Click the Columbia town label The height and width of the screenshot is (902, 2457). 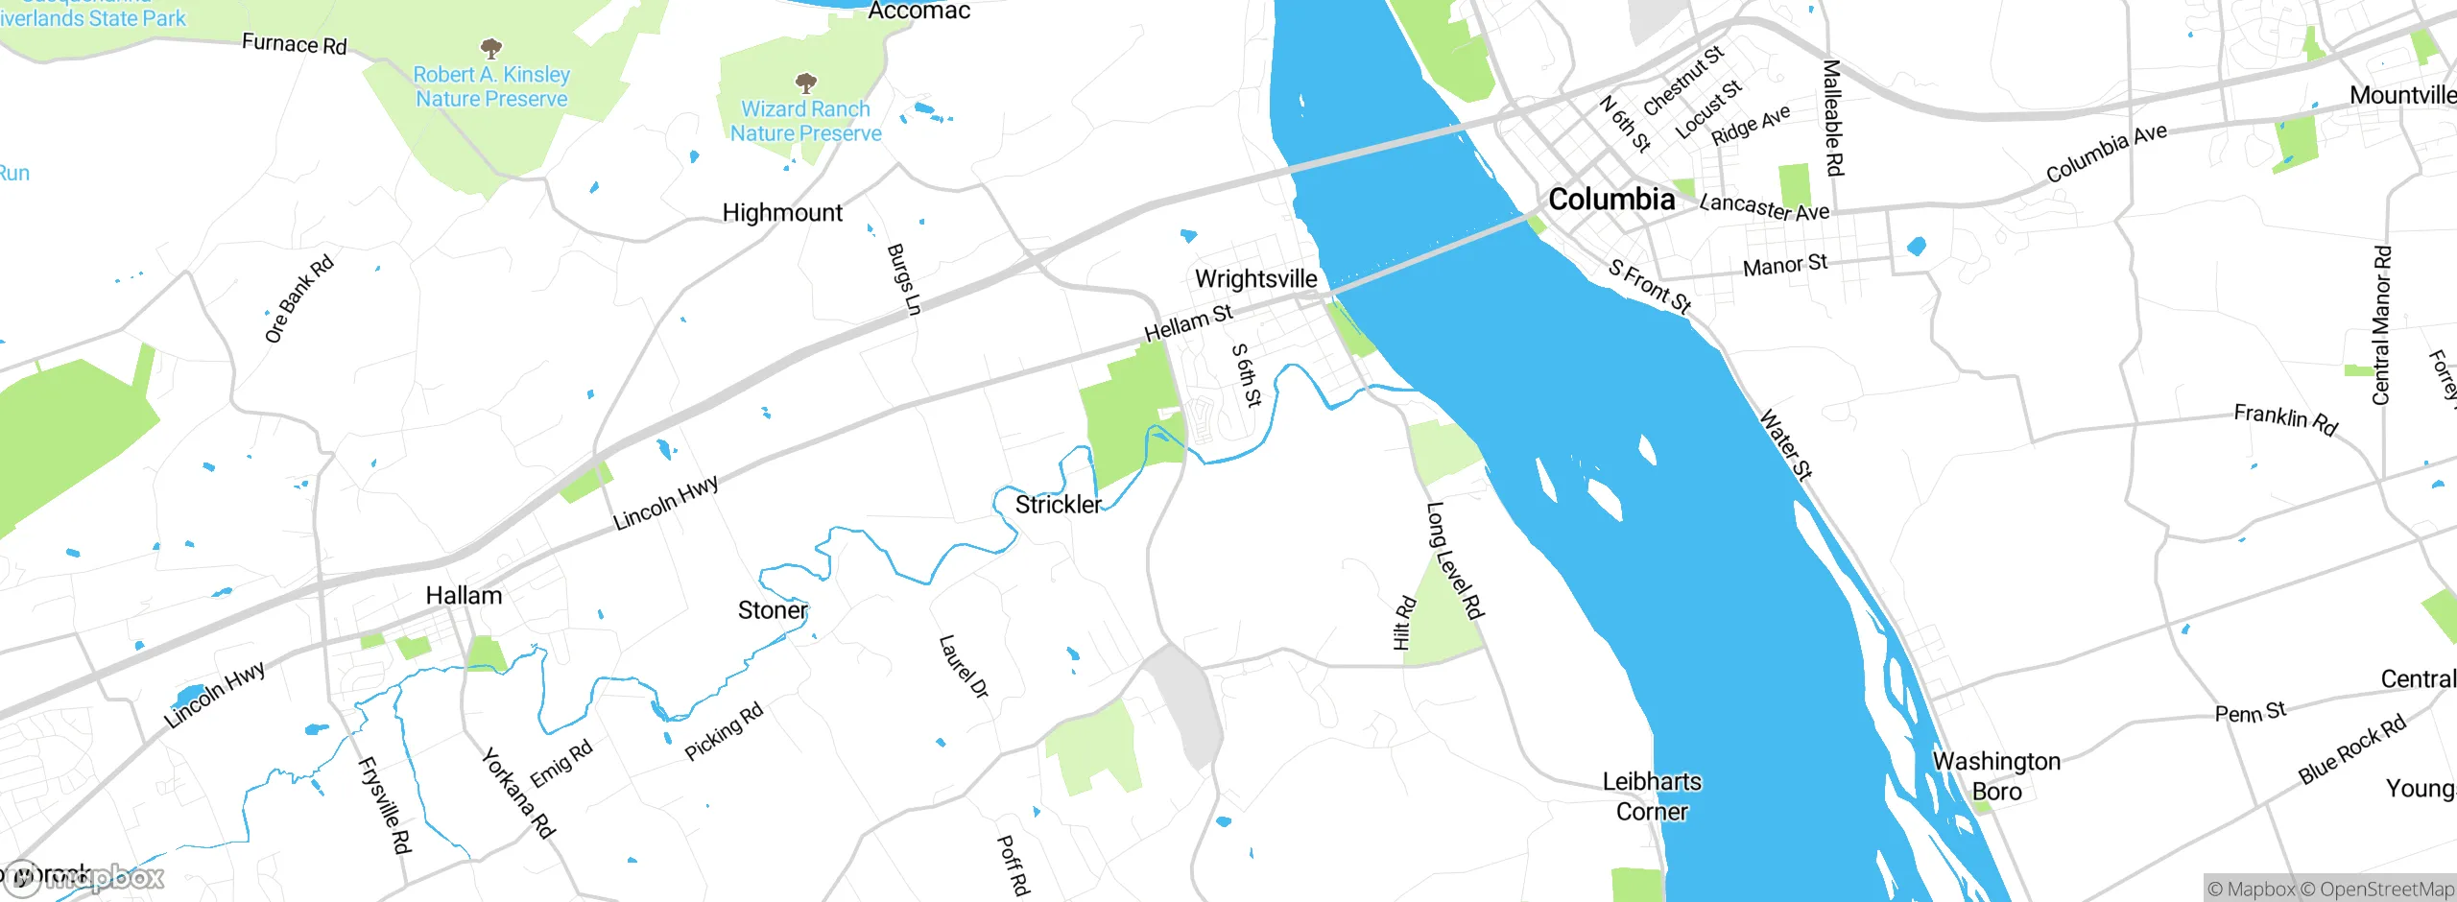[x=1611, y=200]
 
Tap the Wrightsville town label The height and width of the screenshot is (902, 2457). [x=1255, y=279]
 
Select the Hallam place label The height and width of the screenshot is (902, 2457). [x=464, y=596]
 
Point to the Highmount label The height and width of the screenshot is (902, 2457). [x=782, y=213]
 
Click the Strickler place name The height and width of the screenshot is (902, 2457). [x=1058, y=505]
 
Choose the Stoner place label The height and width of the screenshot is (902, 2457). [x=773, y=610]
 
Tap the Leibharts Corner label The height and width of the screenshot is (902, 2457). [x=1651, y=796]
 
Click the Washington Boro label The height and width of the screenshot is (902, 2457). [x=1996, y=776]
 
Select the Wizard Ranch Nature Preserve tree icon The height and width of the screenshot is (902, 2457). [x=806, y=83]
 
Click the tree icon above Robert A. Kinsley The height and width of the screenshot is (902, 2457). [x=491, y=48]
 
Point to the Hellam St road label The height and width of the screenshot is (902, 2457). [x=1188, y=322]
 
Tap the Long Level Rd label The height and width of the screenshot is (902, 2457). [x=1455, y=560]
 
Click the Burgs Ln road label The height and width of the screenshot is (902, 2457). [x=903, y=279]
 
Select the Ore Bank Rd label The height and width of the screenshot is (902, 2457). [x=298, y=298]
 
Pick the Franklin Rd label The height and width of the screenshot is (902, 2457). [x=2285, y=419]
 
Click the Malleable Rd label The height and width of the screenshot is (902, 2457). [x=1832, y=118]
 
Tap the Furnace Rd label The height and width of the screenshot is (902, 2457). [x=294, y=44]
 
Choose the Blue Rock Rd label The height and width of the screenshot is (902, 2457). [x=2351, y=749]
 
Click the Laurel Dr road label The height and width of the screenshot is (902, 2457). [x=963, y=666]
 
